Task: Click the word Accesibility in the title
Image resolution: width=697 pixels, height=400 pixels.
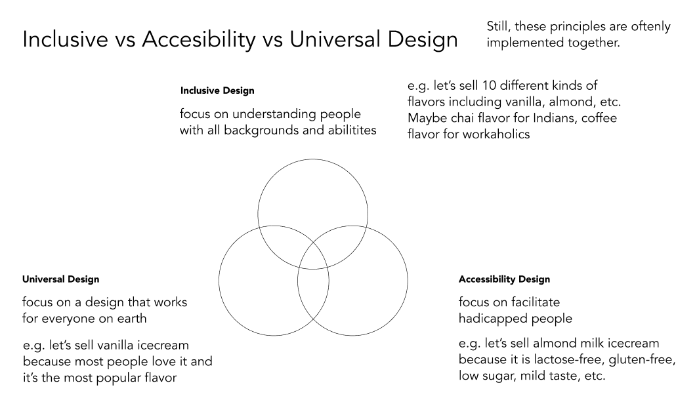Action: point(199,39)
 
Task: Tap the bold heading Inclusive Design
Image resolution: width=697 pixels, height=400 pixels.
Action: point(217,90)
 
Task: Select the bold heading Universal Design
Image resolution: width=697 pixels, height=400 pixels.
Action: point(61,279)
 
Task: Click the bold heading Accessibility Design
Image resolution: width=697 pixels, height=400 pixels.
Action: point(505,279)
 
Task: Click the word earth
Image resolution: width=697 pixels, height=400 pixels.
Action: point(132,319)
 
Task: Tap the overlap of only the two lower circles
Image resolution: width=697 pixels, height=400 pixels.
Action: point(313,293)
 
